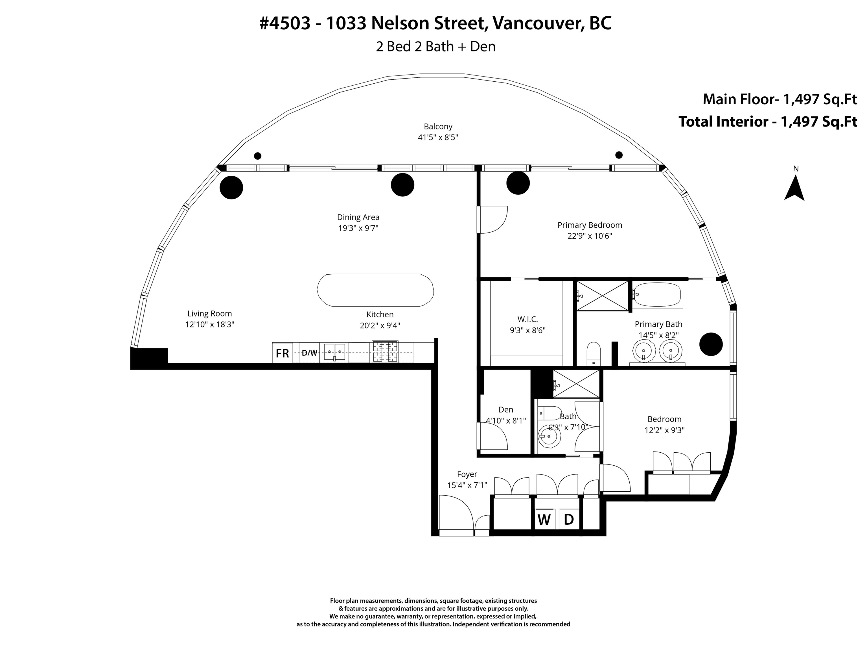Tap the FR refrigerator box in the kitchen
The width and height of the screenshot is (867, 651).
click(x=283, y=353)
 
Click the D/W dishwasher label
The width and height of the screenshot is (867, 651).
click(x=310, y=353)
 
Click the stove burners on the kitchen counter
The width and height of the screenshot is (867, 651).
click(x=385, y=351)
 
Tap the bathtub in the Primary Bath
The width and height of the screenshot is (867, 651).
click(x=657, y=295)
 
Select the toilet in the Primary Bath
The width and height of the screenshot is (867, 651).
click(x=594, y=353)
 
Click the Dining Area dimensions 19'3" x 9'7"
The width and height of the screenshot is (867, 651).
click(x=358, y=228)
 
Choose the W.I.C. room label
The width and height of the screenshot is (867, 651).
click(x=527, y=319)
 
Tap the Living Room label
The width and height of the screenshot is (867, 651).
click(x=210, y=314)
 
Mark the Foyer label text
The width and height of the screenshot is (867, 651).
click(x=467, y=474)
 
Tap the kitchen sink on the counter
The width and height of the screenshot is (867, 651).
click(x=334, y=351)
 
